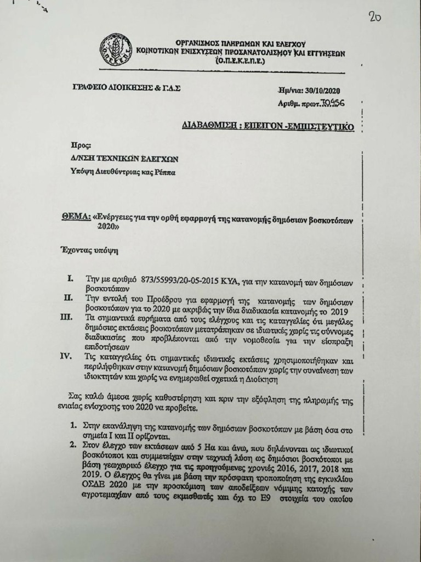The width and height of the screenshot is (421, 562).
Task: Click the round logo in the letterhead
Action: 116,50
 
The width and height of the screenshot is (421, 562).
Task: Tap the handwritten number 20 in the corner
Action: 375,16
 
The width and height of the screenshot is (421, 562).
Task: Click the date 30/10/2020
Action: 325,90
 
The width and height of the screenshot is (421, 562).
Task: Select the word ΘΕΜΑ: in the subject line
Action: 76,217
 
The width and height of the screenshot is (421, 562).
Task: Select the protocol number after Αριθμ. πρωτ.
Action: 334,103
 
